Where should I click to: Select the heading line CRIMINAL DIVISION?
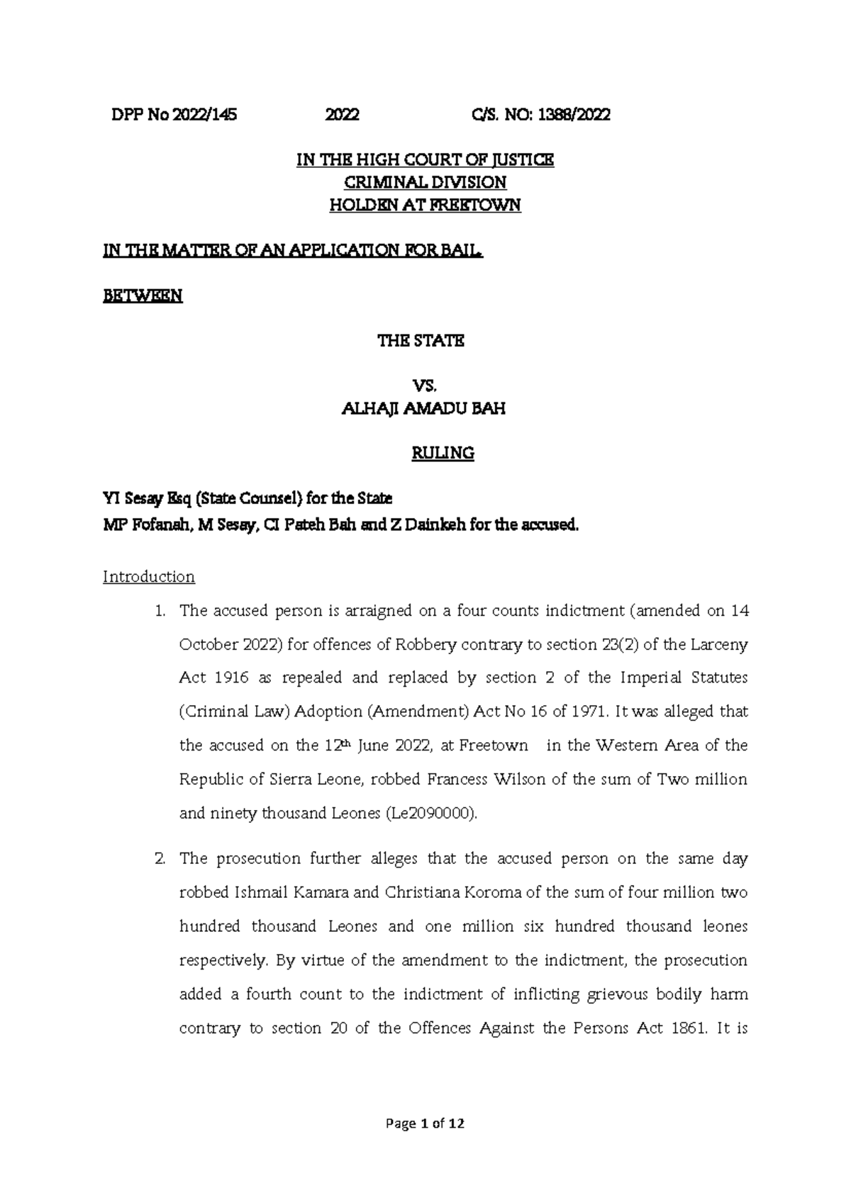(425, 183)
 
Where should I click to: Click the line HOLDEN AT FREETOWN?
(425, 206)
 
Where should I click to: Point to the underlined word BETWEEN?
(143, 296)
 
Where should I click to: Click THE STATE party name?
(421, 341)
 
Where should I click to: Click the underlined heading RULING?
(443, 454)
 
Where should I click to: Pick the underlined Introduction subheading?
(149, 577)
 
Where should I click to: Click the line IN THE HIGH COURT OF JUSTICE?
(425, 160)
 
